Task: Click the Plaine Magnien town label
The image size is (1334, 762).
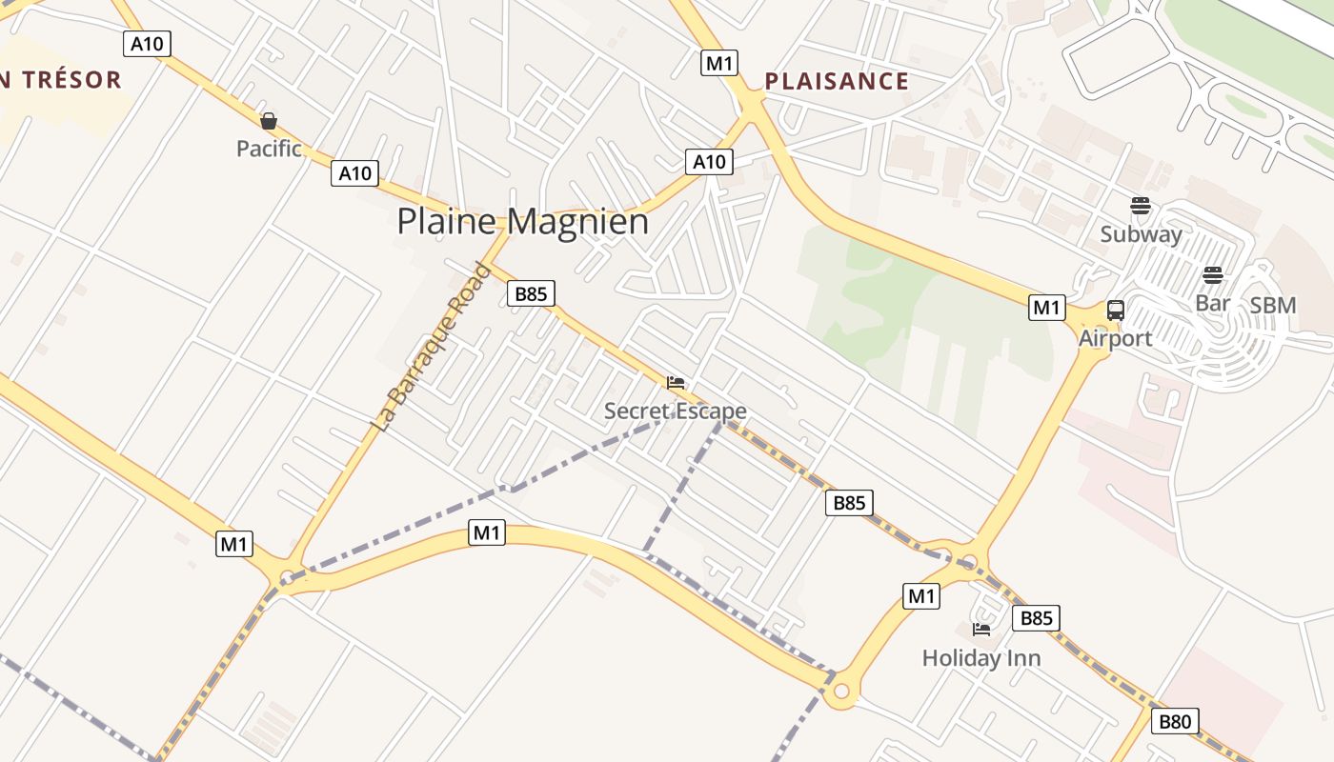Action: point(522,222)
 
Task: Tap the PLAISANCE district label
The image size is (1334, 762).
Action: point(837,81)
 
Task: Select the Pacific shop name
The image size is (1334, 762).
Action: point(269,149)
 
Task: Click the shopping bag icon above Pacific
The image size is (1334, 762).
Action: point(269,121)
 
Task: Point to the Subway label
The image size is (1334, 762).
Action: point(1141,234)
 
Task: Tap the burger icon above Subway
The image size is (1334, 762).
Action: point(1141,205)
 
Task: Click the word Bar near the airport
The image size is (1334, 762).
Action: point(1212,304)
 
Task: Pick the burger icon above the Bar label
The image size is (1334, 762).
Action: point(1212,275)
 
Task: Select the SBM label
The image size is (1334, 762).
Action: point(1273,306)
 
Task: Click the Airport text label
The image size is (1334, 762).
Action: point(1115,338)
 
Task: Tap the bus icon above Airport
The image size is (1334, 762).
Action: point(1115,310)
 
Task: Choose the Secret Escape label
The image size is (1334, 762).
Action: point(675,411)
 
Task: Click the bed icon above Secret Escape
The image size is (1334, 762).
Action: point(676,383)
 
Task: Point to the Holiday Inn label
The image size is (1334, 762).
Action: point(981,658)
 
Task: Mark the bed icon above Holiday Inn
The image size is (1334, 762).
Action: point(981,630)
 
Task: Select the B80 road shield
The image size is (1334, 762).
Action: point(1174,722)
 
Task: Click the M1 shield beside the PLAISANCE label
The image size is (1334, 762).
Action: point(719,63)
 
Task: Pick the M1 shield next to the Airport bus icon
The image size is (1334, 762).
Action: point(1046,308)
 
